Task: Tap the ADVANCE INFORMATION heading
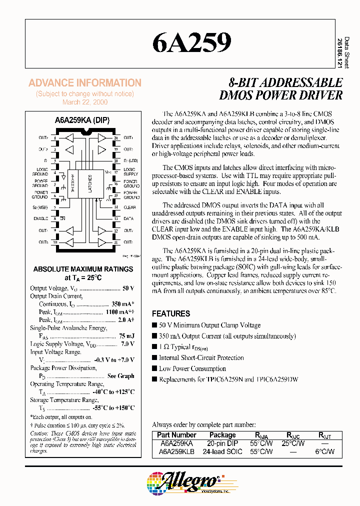[x=85, y=83]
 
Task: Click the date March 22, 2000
[x=84, y=102]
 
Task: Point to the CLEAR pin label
[x=129, y=207]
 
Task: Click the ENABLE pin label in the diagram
[x=40, y=218]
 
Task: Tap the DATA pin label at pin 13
[x=128, y=218]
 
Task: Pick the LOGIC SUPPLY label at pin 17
[x=130, y=171]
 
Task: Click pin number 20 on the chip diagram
[x=116, y=138]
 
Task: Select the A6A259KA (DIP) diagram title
[x=82, y=120]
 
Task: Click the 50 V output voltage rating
[x=128, y=288]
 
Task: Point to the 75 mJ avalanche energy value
[x=126, y=336]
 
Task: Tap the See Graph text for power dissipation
[x=120, y=376]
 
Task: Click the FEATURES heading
[x=171, y=313]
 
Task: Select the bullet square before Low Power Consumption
[x=154, y=369]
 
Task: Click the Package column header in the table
[x=222, y=435]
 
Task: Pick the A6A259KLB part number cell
[x=176, y=451]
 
